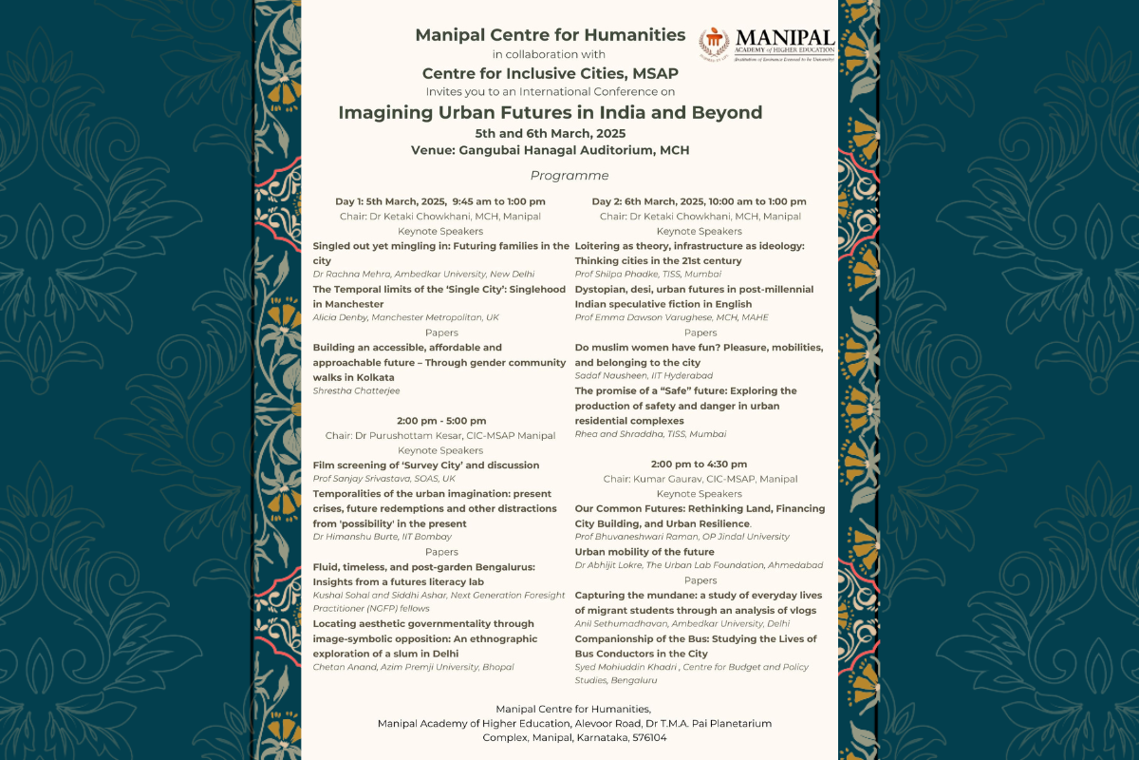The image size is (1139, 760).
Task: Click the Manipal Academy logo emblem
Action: click(x=714, y=44)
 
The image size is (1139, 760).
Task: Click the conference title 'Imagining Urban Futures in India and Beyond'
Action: click(x=551, y=112)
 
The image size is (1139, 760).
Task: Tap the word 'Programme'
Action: click(x=569, y=176)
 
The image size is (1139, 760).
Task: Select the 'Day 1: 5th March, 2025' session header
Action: click(x=440, y=201)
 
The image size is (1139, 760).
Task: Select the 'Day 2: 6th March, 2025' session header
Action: click(x=700, y=201)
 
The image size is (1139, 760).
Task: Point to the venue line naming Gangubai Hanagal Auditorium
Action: click(x=551, y=150)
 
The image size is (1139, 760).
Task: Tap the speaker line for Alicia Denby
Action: click(x=405, y=318)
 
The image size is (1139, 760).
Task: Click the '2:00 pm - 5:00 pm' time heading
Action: click(x=440, y=421)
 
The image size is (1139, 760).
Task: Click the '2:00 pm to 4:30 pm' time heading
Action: click(x=700, y=465)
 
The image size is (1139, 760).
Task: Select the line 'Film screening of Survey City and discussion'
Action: click(x=426, y=465)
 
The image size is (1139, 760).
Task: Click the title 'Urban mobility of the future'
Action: click(x=644, y=552)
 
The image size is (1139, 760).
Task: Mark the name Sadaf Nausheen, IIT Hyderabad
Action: click(x=644, y=376)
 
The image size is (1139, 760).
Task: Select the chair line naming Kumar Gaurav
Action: click(x=700, y=479)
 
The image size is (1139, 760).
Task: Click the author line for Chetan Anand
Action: click(x=413, y=667)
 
